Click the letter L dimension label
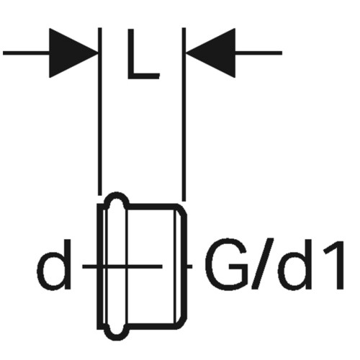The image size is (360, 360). (143, 54)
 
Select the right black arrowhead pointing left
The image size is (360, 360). (211, 53)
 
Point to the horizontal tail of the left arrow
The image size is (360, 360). (26, 53)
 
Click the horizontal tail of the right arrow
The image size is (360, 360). (258, 53)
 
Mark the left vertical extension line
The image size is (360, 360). (100, 112)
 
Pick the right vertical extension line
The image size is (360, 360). (184, 114)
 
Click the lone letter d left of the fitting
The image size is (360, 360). (54, 265)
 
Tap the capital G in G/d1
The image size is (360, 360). (227, 265)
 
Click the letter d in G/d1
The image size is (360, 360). (294, 265)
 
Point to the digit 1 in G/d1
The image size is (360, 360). (333, 265)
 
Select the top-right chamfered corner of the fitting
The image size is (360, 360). (182, 209)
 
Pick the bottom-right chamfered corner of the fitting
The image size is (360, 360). (182, 323)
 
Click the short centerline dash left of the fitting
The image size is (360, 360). (90, 266)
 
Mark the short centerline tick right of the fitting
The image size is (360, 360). (189, 266)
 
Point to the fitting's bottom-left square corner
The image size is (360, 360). (99, 328)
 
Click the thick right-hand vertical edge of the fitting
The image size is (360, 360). (186, 266)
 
